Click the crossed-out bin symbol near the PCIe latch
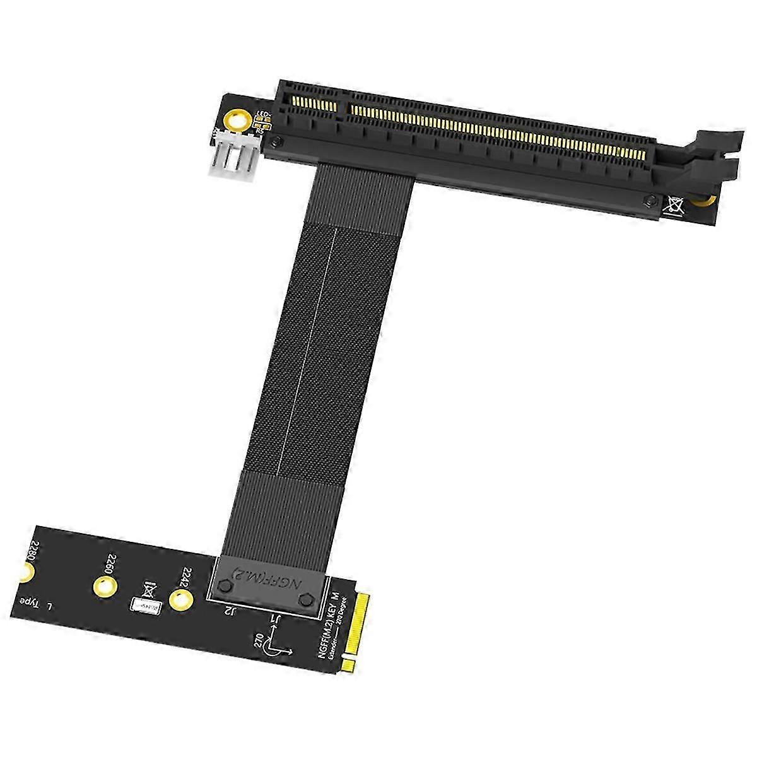pyautogui.click(x=672, y=204)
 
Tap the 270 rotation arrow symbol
pyautogui.click(x=276, y=650)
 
